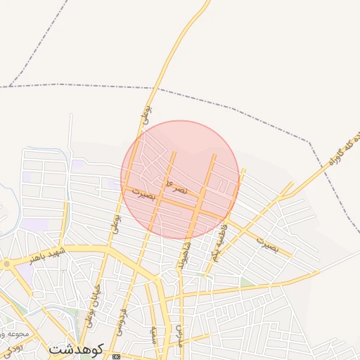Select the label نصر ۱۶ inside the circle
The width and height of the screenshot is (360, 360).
(x=176, y=185)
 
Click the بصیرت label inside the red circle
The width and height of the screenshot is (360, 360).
(x=140, y=194)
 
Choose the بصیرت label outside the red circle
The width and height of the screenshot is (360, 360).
(x=267, y=245)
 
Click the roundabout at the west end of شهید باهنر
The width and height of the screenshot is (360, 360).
(x=7, y=264)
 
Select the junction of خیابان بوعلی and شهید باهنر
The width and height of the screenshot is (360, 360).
(x=105, y=247)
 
